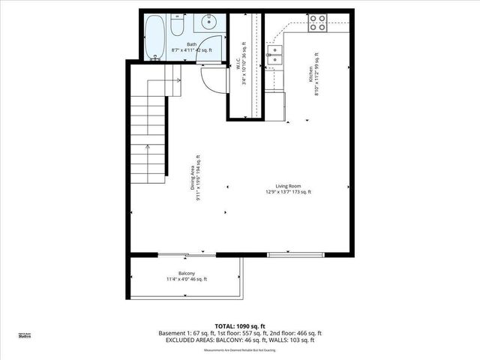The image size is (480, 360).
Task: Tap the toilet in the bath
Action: [175, 27]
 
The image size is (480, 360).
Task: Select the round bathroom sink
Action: [208, 23]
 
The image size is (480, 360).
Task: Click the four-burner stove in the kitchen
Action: [318, 23]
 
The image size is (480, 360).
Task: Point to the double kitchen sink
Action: [275, 52]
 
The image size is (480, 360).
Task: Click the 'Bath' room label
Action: [191, 44]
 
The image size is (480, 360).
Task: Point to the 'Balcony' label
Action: [187, 273]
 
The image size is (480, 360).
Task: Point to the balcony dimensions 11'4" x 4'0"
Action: [187, 280]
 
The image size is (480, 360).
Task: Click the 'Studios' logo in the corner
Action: [24, 336]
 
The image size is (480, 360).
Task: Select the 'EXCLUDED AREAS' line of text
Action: [240, 340]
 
